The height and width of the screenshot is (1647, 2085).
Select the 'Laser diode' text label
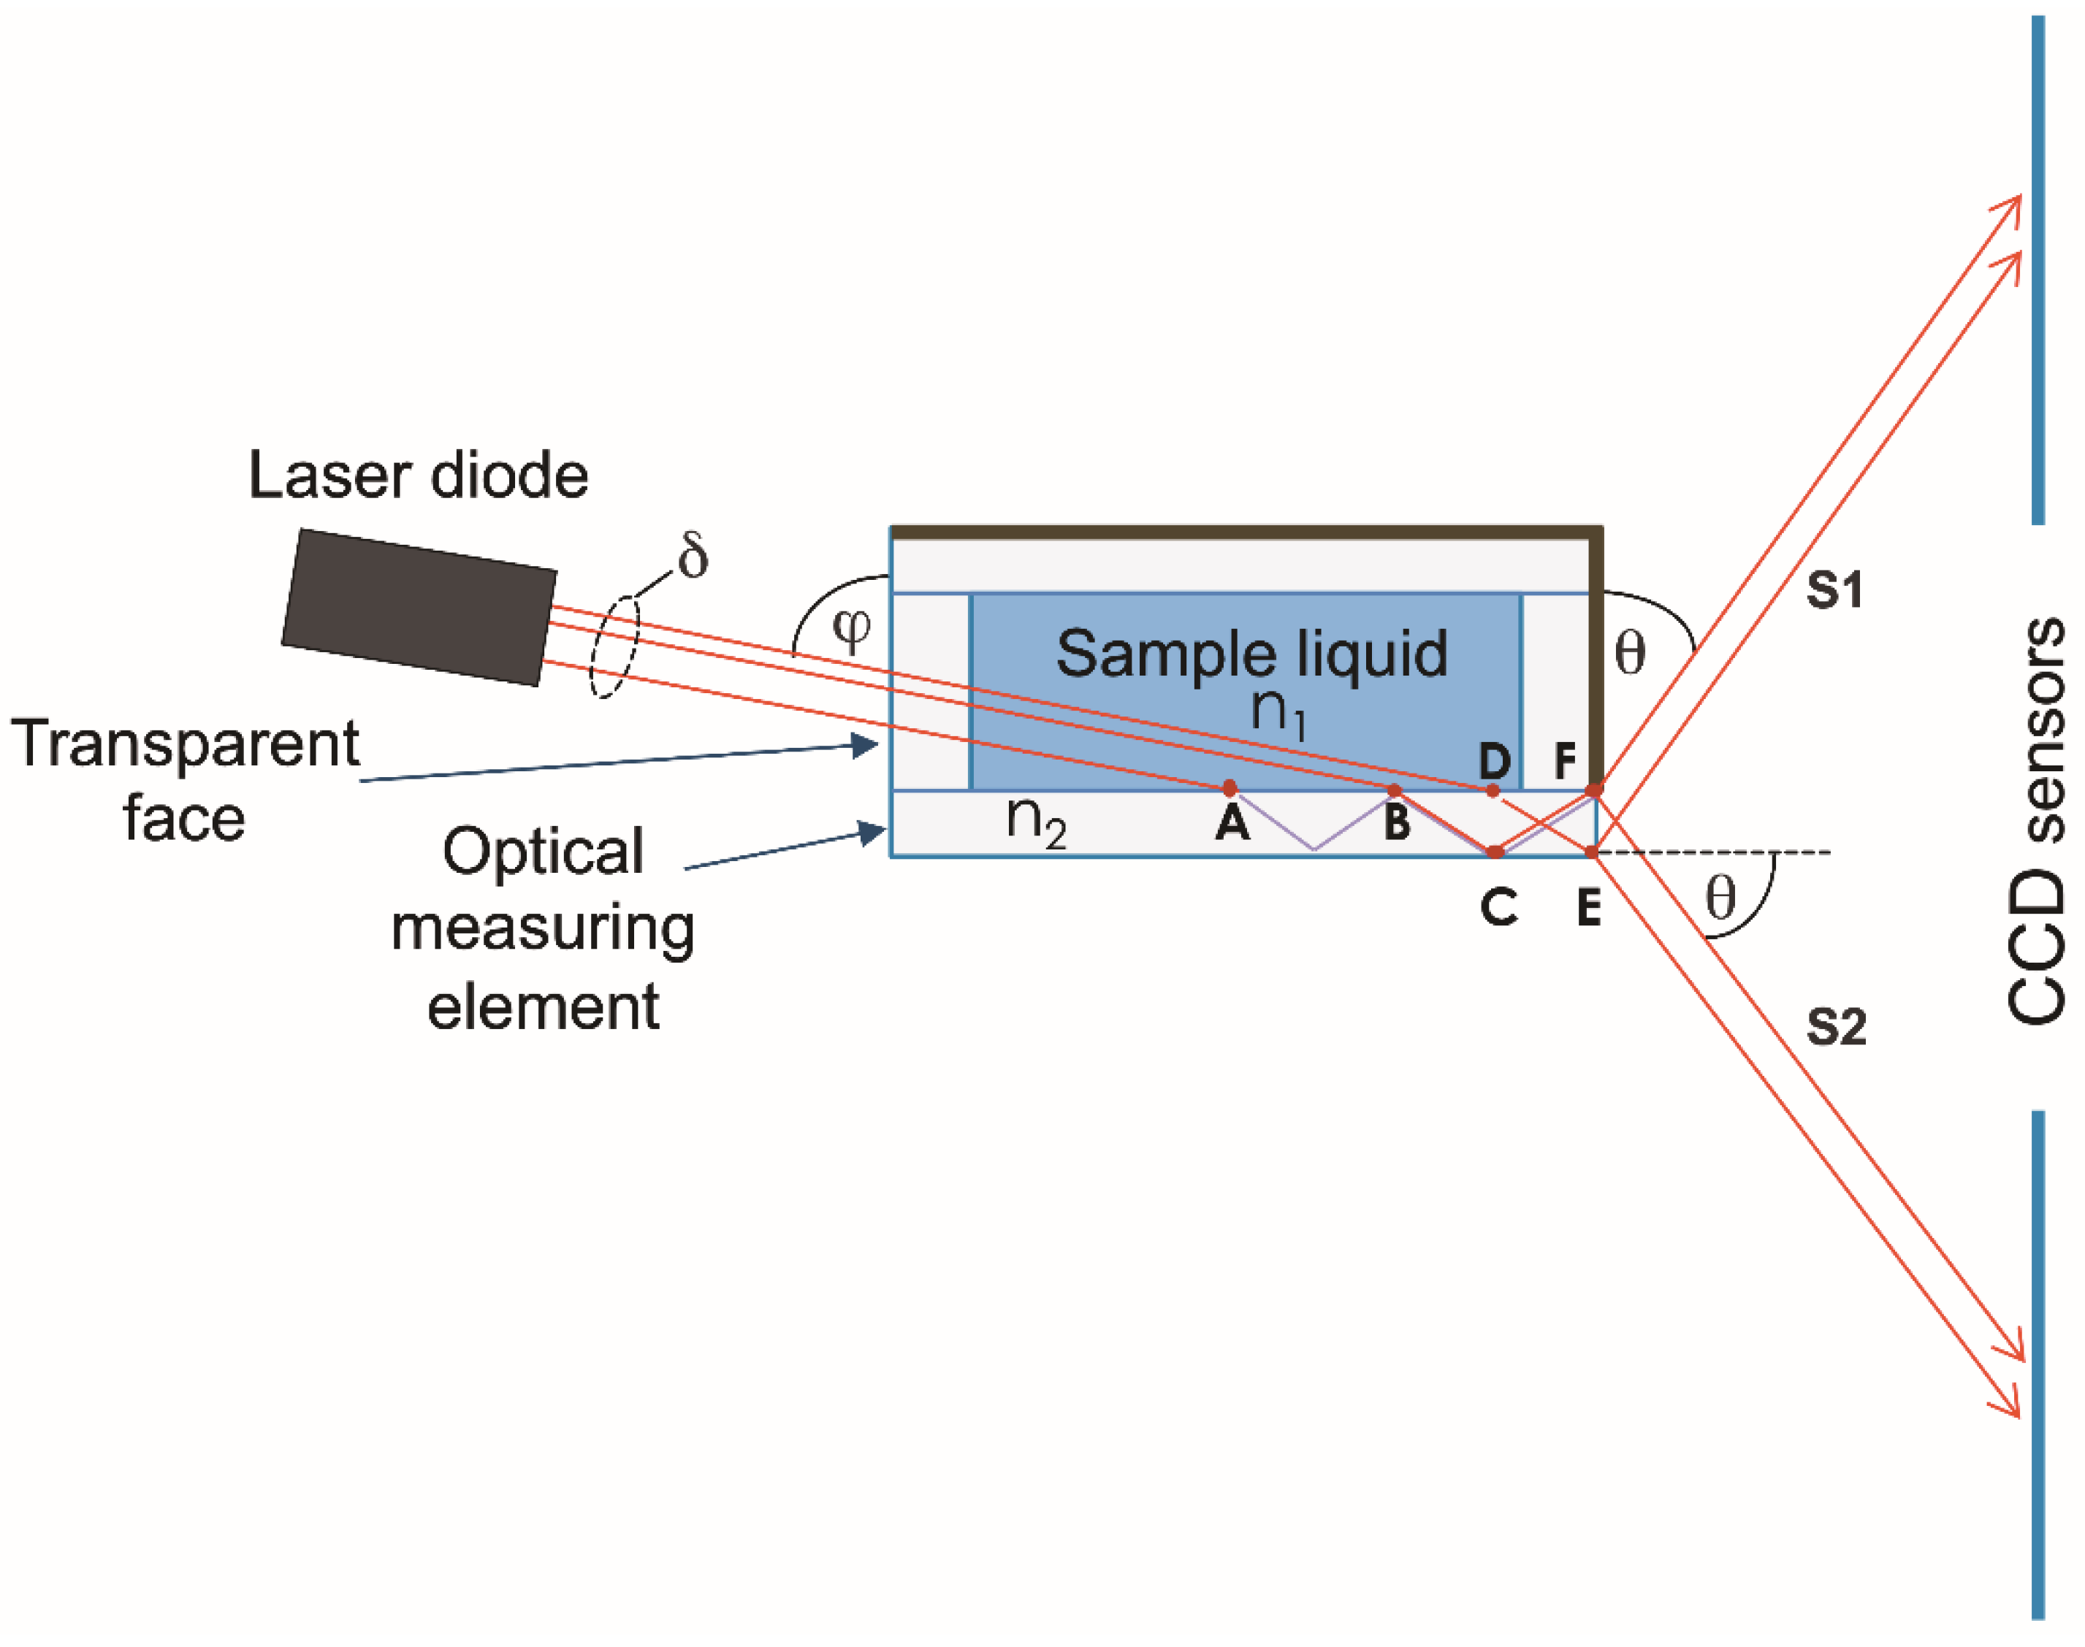tap(418, 475)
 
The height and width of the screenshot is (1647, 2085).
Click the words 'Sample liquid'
tap(1251, 654)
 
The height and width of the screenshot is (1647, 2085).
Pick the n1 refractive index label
tap(1278, 711)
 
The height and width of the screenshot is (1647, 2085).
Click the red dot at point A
tap(1230, 788)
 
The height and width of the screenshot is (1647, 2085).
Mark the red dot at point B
tap(1394, 791)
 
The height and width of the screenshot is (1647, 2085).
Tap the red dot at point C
tap(1495, 852)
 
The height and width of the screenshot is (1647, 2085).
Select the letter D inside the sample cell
tap(1495, 762)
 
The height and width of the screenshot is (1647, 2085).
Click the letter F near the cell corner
tap(1565, 762)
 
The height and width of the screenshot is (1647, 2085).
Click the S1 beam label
tap(1834, 589)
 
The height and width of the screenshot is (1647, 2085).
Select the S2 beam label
tap(1836, 1027)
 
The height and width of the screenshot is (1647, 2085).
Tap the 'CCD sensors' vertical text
tap(2037, 819)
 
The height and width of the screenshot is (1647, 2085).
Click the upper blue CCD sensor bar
tap(2038, 270)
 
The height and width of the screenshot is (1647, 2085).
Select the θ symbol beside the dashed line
tap(1720, 898)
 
